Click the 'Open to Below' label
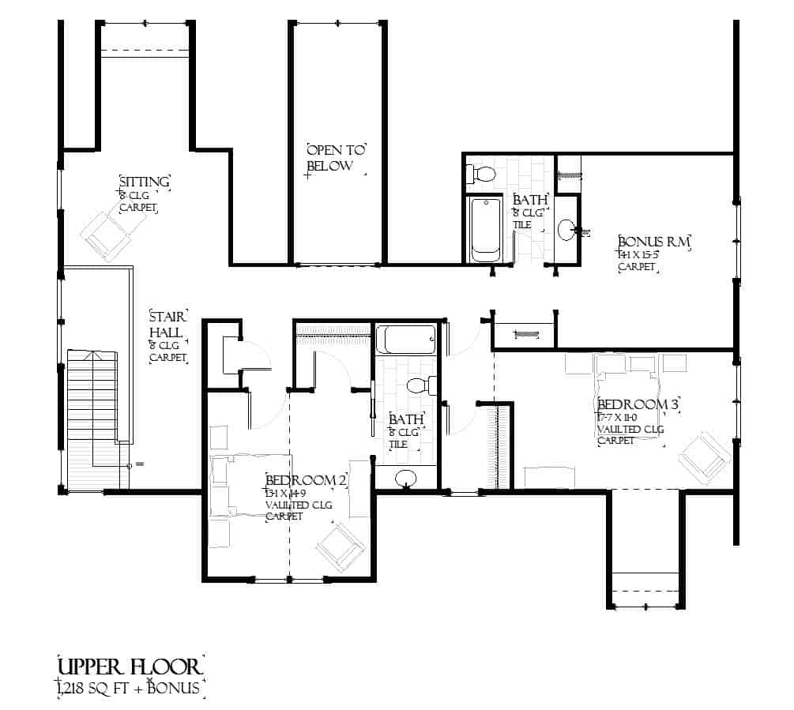pyautogui.click(x=337, y=158)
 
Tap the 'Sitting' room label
pyautogui.click(x=144, y=182)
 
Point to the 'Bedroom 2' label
pyautogui.click(x=307, y=480)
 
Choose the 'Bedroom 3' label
pyautogui.click(x=638, y=405)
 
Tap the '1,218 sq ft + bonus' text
pyautogui.click(x=130, y=688)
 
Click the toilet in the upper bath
pyautogui.click(x=481, y=173)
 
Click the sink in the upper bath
pyautogui.click(x=566, y=230)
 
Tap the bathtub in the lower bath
pyautogui.click(x=405, y=340)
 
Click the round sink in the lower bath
pyautogui.click(x=406, y=478)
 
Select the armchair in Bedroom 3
pyautogui.click(x=705, y=456)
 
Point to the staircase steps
pyautogui.click(x=92, y=411)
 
